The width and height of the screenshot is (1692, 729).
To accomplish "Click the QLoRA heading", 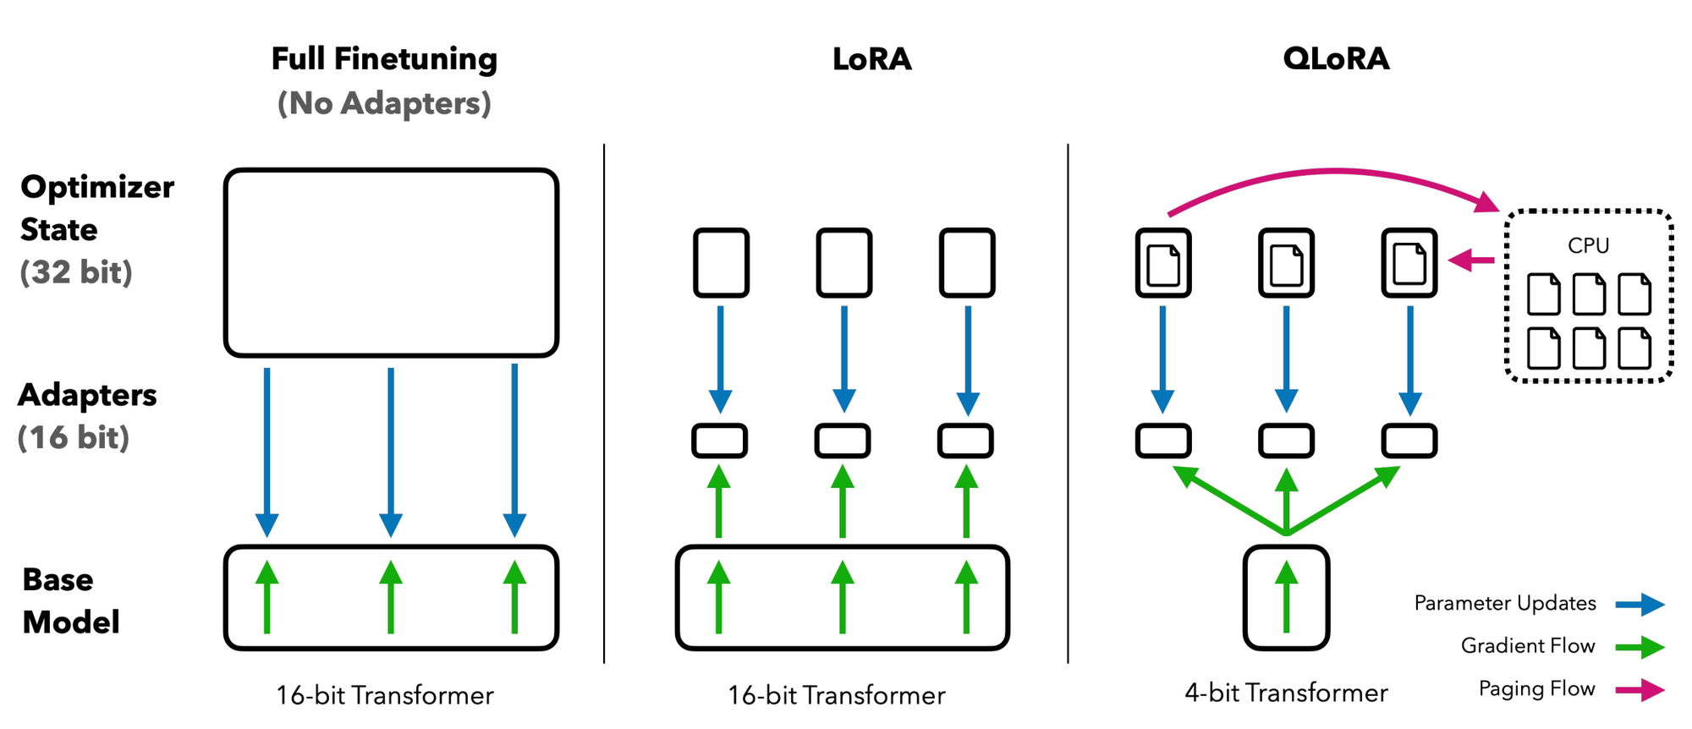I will [x=1335, y=59].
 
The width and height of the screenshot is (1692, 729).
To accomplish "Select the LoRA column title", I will [x=871, y=59].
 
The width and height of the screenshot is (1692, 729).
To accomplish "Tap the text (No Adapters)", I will [x=384, y=103].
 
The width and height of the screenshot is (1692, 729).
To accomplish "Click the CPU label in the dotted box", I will [x=1588, y=245].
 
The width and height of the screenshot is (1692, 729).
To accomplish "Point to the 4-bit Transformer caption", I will [x=1286, y=693].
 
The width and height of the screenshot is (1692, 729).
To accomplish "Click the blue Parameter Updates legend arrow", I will [x=1640, y=605].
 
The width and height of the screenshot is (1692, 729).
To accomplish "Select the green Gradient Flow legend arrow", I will [x=1640, y=648].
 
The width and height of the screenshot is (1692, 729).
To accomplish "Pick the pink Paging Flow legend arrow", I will [x=1640, y=690].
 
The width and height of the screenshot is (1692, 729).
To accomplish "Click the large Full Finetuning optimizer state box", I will [x=391, y=262].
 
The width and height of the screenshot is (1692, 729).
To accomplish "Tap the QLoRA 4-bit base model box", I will [x=1286, y=598].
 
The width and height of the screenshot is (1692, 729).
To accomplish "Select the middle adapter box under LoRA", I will [x=843, y=441].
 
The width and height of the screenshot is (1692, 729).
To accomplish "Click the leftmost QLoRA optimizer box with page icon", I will [x=1163, y=263].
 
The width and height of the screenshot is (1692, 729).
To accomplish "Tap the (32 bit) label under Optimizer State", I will [x=76, y=272].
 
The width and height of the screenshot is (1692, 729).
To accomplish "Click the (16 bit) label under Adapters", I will [x=74, y=437].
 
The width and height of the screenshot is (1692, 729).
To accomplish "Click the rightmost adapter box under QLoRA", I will [x=1409, y=441].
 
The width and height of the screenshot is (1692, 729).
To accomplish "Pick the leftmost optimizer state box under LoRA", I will [x=721, y=263].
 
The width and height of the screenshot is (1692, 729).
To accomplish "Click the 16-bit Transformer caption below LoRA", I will [x=836, y=695].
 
